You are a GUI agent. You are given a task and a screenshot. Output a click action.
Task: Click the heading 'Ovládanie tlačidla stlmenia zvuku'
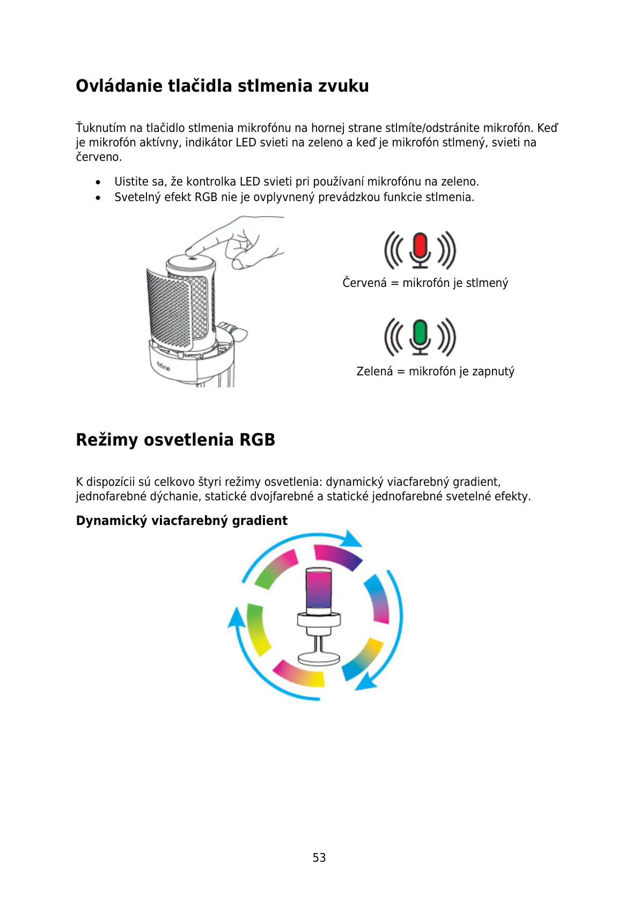pyautogui.click(x=222, y=86)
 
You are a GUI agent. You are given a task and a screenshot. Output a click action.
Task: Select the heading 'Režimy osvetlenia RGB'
pyautogui.click(x=175, y=440)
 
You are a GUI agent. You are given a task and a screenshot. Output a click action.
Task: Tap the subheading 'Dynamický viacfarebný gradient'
pyautogui.click(x=181, y=521)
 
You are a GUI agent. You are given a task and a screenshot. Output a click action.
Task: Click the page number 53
pyautogui.click(x=319, y=857)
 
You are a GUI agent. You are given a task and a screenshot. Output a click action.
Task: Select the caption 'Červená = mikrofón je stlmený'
pyautogui.click(x=425, y=283)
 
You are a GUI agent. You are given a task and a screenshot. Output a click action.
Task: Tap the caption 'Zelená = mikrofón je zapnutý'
pyautogui.click(x=435, y=371)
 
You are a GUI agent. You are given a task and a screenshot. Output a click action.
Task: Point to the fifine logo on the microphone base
pyautogui.click(x=163, y=367)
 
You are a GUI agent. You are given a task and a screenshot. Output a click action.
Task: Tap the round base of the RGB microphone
pyautogui.click(x=319, y=658)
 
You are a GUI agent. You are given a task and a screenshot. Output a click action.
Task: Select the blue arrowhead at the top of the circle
pyautogui.click(x=352, y=538)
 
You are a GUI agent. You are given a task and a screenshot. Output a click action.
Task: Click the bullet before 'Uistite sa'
pyautogui.click(x=98, y=182)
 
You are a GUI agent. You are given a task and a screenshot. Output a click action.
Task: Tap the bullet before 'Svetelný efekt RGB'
pyautogui.click(x=98, y=198)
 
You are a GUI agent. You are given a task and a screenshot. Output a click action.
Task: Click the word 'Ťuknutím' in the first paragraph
pyautogui.click(x=101, y=128)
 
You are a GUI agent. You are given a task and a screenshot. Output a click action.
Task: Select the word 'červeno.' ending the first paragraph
pyautogui.click(x=99, y=157)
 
